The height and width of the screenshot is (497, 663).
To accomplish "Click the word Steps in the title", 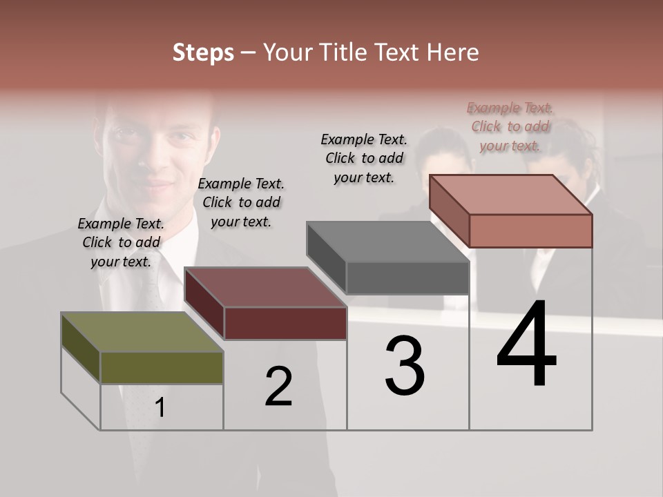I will click(x=203, y=52).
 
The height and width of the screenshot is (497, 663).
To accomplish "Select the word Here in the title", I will click(x=452, y=52).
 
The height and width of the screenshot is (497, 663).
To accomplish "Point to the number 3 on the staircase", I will click(x=405, y=367).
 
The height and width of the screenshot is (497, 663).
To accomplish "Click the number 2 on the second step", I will click(x=278, y=387).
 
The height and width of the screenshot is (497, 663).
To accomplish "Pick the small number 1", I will click(x=160, y=408).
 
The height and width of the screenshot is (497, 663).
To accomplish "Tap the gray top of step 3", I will click(x=387, y=242).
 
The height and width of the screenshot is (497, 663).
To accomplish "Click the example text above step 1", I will click(x=121, y=242).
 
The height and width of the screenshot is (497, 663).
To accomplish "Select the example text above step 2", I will click(x=241, y=202).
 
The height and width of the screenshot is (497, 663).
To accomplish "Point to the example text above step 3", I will click(x=364, y=158).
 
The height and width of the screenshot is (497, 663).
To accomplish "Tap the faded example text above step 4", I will click(x=510, y=126).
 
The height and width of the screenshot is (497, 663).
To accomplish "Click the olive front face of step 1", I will click(x=162, y=367).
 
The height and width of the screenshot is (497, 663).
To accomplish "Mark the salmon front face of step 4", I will click(x=530, y=231).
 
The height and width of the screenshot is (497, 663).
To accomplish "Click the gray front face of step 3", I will click(x=407, y=277).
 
